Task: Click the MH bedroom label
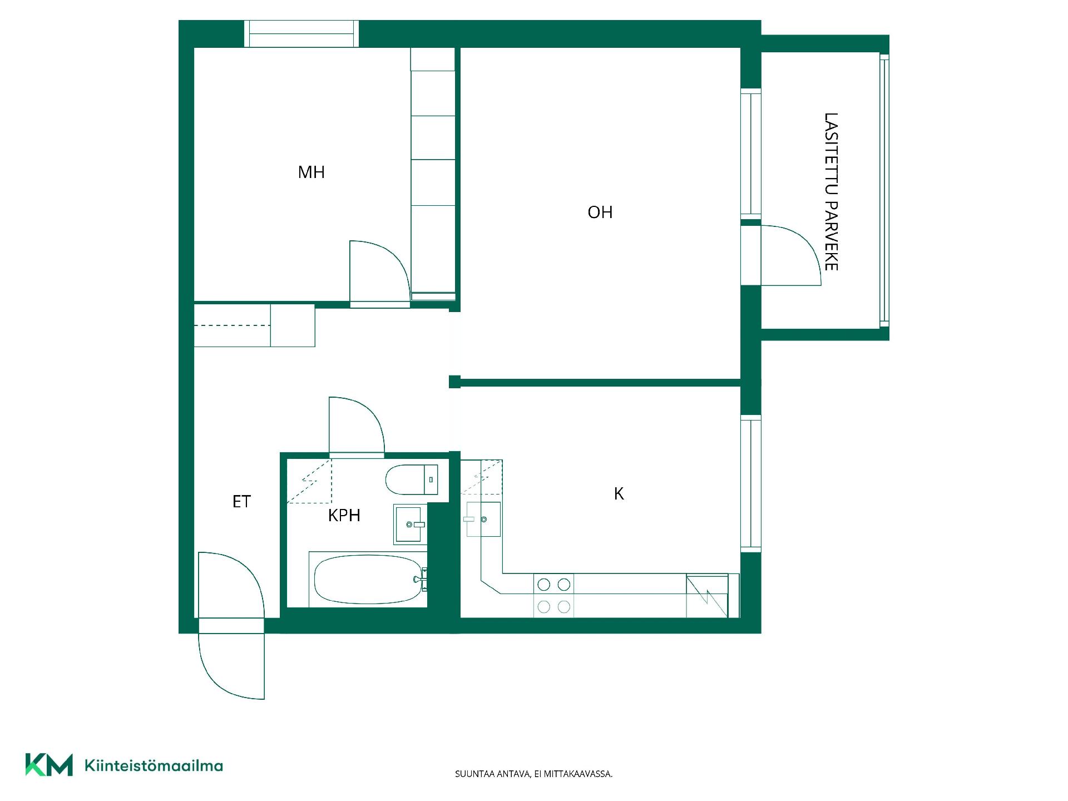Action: (x=311, y=172)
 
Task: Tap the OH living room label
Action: (x=600, y=212)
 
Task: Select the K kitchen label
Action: (x=619, y=493)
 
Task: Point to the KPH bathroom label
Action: (x=344, y=515)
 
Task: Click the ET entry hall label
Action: (x=241, y=502)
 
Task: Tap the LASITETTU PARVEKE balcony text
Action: (x=830, y=192)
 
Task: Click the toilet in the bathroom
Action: (x=412, y=479)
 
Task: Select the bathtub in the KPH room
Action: (x=368, y=580)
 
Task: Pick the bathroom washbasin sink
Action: (x=411, y=524)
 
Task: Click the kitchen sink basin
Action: (x=483, y=519)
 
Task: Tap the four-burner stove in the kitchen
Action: (x=553, y=595)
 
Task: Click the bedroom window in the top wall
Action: (x=301, y=34)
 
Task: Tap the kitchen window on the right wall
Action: (x=751, y=483)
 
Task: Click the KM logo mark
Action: (x=49, y=765)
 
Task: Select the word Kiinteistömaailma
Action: (x=154, y=765)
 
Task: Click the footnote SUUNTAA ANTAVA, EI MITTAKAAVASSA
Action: (x=533, y=774)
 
